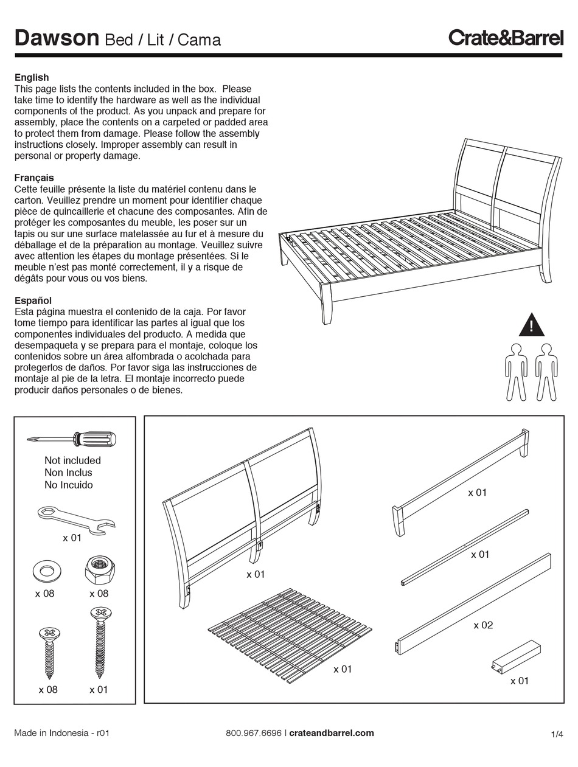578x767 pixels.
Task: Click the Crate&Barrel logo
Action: pos(506,38)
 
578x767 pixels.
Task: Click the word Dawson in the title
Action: pos(57,38)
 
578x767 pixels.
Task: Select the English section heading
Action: pos(32,77)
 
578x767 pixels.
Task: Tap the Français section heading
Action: pos(34,178)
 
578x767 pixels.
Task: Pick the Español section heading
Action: pos(33,300)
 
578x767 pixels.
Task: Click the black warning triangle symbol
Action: pos(531,325)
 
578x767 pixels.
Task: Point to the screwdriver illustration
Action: pos(72,439)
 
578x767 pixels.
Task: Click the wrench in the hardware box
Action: pos(76,518)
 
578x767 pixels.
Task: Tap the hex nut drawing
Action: pos(97,571)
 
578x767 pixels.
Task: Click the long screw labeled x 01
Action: pos(99,642)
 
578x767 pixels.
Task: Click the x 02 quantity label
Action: pos(483,625)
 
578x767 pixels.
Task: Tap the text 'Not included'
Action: pos(72,460)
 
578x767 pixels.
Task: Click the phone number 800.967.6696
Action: pos(253,733)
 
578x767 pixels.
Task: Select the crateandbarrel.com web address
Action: pos(332,733)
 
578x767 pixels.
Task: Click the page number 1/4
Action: pos(557,734)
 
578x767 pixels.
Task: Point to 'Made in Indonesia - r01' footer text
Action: pos(61,733)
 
